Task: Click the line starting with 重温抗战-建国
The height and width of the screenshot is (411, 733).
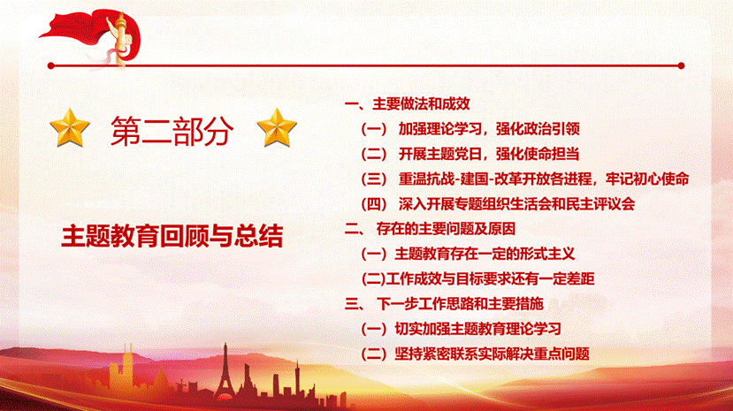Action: (525, 178)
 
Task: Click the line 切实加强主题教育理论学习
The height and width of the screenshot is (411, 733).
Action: (462, 330)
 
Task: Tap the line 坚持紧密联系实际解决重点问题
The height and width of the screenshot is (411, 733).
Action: (476, 354)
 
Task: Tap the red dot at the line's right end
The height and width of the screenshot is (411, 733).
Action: (680, 65)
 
